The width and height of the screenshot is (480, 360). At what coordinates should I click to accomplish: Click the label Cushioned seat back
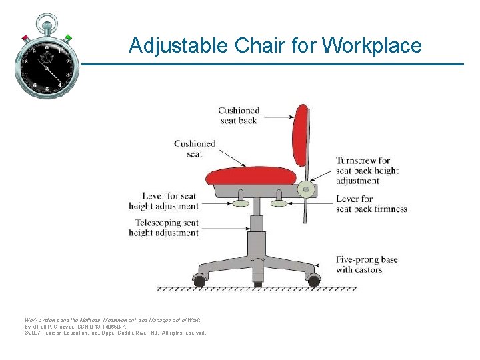click(238, 115)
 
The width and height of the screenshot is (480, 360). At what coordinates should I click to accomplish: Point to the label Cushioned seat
click(195, 149)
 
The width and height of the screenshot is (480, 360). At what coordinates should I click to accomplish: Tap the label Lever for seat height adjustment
click(164, 201)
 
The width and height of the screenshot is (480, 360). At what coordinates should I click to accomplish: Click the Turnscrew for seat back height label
click(367, 171)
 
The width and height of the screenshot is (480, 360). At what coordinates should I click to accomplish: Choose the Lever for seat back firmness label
click(371, 204)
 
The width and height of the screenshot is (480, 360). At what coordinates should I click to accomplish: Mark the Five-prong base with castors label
click(366, 264)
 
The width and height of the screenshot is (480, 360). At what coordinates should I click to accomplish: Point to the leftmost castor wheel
click(199, 281)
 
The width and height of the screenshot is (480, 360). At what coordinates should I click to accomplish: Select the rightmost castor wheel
click(311, 281)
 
